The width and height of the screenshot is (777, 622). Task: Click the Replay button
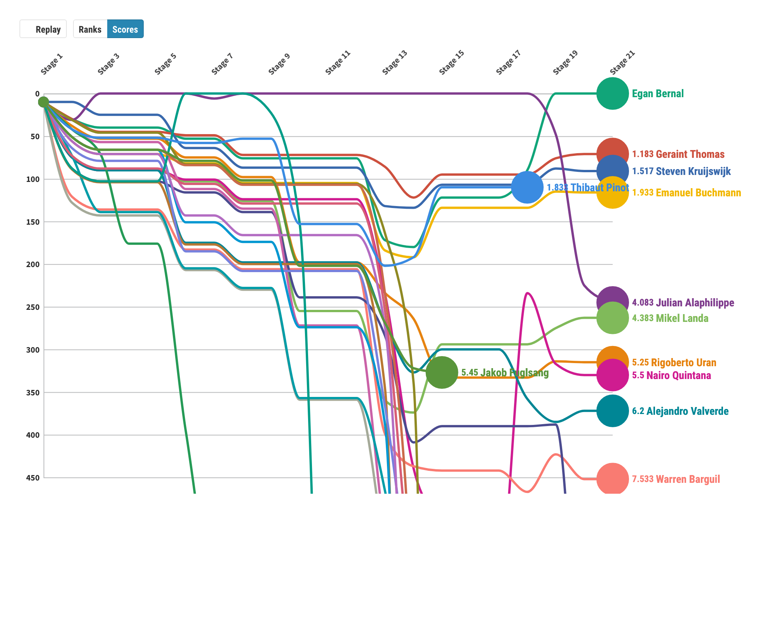(x=43, y=29)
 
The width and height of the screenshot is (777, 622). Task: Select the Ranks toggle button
(x=90, y=29)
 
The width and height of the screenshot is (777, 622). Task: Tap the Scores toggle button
(x=125, y=29)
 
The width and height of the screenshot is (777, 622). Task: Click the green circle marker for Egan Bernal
(x=612, y=94)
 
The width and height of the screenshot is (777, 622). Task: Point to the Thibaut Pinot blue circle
(x=527, y=187)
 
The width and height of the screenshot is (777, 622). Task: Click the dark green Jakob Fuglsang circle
(x=442, y=372)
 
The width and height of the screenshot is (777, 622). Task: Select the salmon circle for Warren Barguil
(x=612, y=479)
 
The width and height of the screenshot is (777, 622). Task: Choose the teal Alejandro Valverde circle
(x=612, y=411)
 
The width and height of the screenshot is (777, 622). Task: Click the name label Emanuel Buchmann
(x=698, y=193)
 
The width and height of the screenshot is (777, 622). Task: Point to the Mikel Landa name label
(x=682, y=318)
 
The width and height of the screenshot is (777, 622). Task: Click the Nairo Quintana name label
(x=678, y=376)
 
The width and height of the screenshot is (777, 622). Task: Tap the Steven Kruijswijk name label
(x=693, y=171)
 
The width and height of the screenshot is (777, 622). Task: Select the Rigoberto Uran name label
(x=683, y=363)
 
